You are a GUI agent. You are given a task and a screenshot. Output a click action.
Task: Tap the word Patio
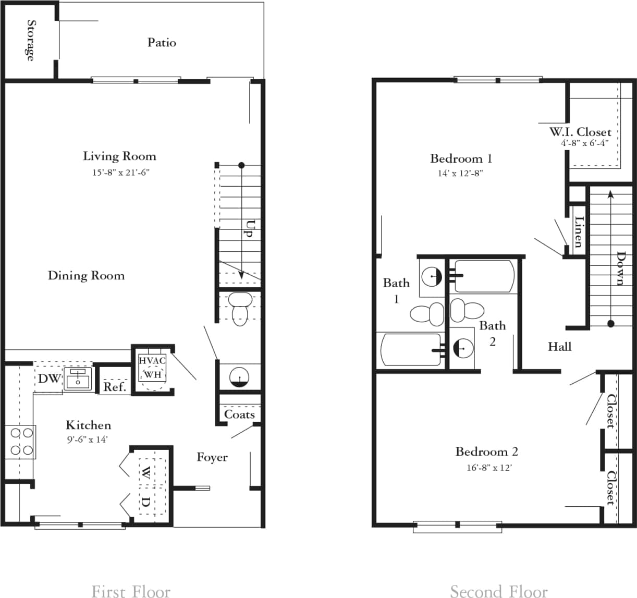point(162,43)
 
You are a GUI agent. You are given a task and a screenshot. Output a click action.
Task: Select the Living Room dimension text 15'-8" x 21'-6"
point(121,172)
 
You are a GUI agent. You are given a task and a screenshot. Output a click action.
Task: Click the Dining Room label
point(87,275)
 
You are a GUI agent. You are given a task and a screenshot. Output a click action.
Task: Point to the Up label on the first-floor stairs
point(251,229)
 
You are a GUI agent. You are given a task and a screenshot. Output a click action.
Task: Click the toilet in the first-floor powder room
point(239,308)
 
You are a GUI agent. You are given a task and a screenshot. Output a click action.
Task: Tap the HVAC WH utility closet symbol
point(152,368)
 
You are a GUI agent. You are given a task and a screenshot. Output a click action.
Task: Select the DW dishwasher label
point(50,379)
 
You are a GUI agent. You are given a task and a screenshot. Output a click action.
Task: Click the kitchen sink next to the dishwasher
point(78,379)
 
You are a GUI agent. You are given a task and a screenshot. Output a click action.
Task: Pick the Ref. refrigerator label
point(115,387)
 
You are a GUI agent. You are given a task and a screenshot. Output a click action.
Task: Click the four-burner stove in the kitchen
point(20,442)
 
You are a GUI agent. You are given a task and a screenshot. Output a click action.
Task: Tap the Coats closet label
point(239,414)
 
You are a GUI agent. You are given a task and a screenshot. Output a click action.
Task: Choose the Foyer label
point(212,457)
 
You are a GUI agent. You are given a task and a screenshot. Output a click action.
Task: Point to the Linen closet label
point(578,232)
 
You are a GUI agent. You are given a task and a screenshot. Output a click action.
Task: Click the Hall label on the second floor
point(559,347)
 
